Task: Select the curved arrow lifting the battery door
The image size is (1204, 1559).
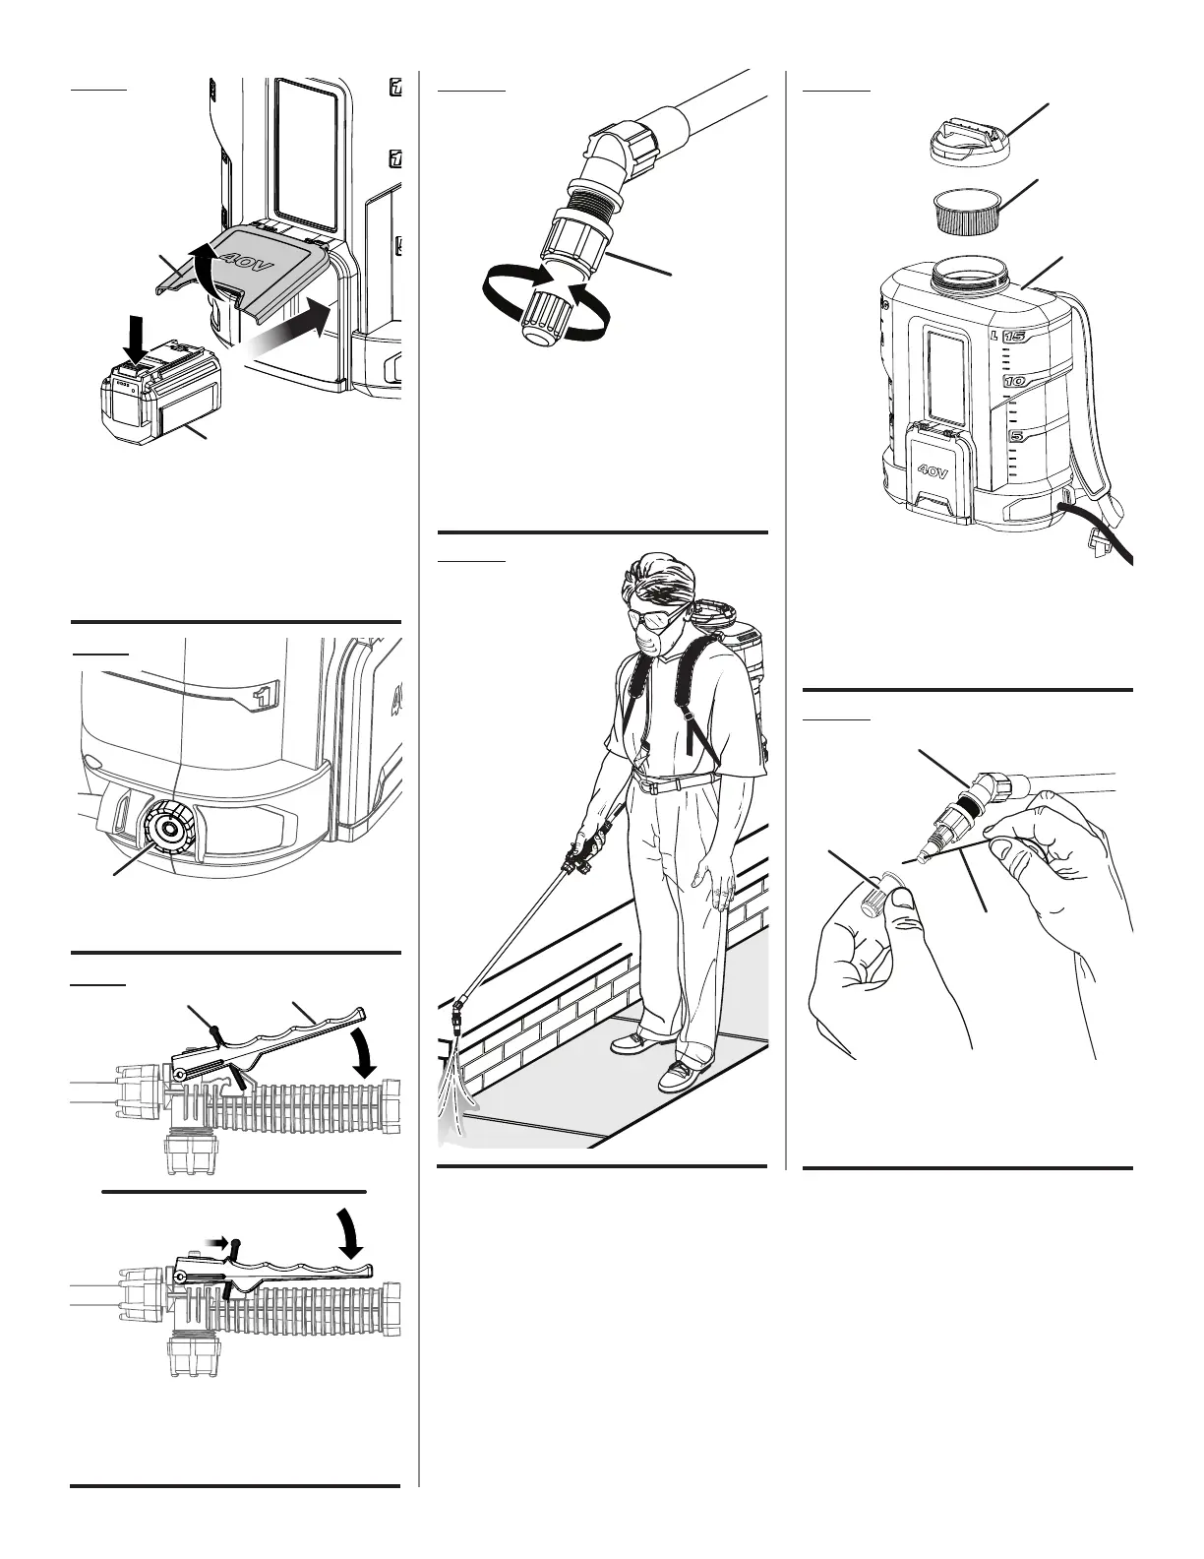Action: click(204, 269)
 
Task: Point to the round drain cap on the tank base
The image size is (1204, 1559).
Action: click(168, 827)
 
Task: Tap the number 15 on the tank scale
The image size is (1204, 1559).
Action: click(1015, 337)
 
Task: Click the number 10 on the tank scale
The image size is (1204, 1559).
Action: click(1015, 381)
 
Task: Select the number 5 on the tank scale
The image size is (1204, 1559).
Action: click(1015, 435)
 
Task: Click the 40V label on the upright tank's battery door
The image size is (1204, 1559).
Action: click(933, 472)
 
